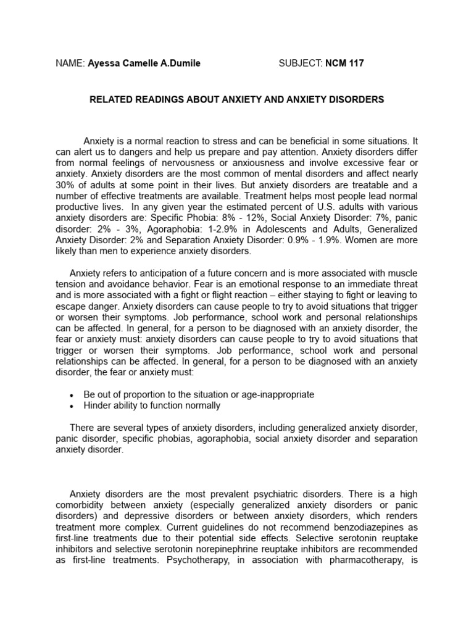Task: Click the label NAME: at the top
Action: click(x=70, y=64)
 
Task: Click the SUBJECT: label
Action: click(x=301, y=64)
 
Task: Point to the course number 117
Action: click(x=355, y=64)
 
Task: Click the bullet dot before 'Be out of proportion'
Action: click(x=73, y=395)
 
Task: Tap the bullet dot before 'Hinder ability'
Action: click(x=73, y=406)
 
